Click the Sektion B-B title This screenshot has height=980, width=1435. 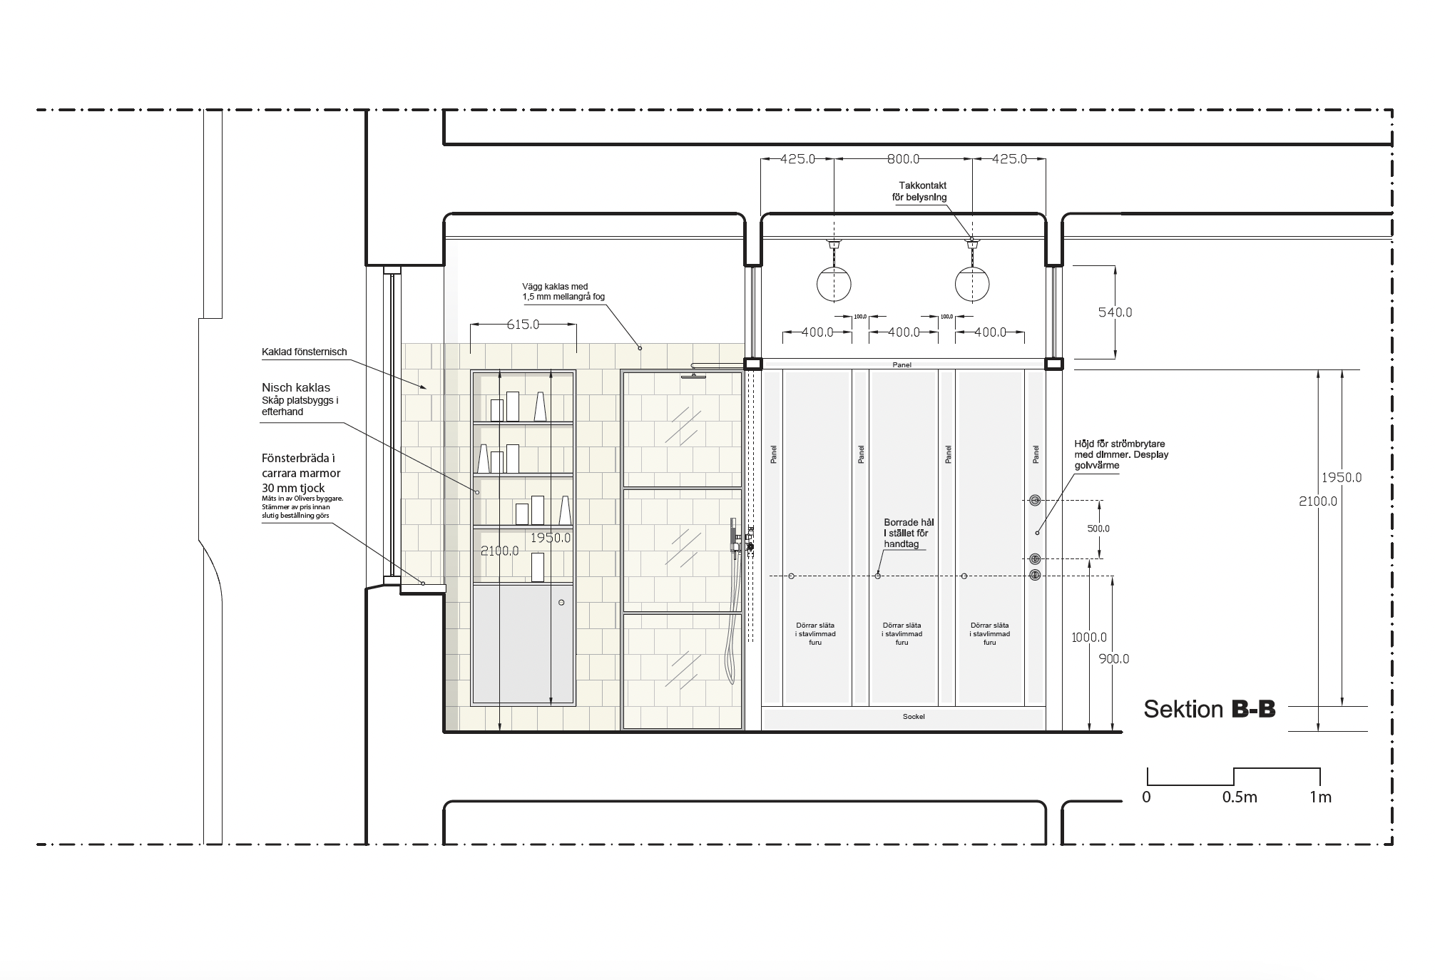[1210, 709]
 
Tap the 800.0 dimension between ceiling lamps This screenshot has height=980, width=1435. [903, 159]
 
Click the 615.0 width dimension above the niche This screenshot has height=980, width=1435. [523, 325]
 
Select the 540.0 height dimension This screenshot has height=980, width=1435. [1115, 312]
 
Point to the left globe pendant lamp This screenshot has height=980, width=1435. [834, 283]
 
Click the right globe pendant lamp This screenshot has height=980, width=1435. [972, 283]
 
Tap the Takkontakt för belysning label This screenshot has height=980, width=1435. [920, 191]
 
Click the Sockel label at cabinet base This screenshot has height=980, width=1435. [914, 716]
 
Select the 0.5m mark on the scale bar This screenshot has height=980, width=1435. [1240, 797]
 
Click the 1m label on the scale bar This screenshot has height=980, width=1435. [1320, 797]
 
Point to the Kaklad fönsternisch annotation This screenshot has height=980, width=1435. [304, 352]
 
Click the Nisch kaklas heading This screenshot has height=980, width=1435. [296, 388]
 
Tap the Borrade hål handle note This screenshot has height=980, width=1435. [908, 534]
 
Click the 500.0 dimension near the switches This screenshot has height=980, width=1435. [1098, 529]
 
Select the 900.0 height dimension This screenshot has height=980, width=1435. [1114, 659]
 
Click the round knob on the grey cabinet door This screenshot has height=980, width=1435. [561, 603]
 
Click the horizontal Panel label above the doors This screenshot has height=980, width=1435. [902, 365]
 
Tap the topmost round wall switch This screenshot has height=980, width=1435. [1035, 500]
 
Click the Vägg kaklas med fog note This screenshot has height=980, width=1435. [563, 292]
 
